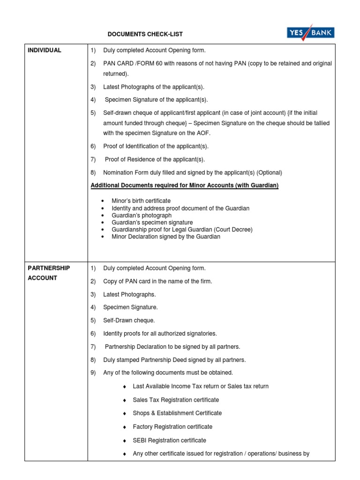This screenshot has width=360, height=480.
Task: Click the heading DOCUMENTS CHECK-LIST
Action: (x=145, y=34)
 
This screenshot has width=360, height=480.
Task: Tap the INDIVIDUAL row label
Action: (x=45, y=50)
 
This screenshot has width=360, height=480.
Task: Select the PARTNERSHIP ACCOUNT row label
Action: (x=49, y=273)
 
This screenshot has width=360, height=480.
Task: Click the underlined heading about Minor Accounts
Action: (x=184, y=186)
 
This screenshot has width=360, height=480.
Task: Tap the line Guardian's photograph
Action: (x=138, y=215)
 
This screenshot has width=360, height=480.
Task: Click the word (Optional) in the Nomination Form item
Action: (x=269, y=172)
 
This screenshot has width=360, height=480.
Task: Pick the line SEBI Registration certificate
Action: (x=169, y=441)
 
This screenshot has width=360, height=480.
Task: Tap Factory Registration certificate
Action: (x=172, y=427)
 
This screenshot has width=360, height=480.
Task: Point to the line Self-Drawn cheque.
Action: (x=129, y=321)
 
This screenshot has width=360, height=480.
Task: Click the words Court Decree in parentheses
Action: (x=234, y=230)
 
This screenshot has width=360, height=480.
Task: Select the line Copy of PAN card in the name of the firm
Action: (x=157, y=281)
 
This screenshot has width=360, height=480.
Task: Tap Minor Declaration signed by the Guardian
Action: (x=165, y=237)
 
